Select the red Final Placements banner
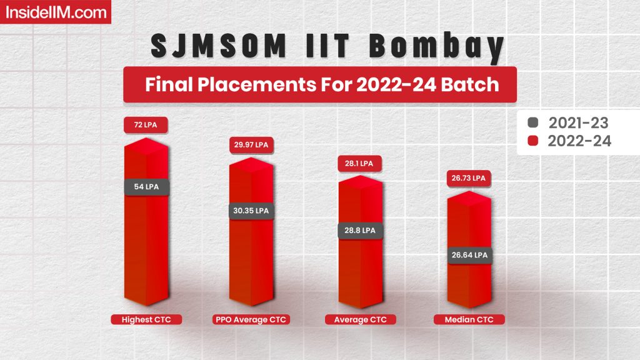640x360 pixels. tap(320, 84)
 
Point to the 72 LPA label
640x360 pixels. tap(146, 125)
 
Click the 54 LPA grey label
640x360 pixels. tap(146, 186)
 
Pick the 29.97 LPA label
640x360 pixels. tap(250, 145)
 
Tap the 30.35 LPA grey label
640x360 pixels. tap(250, 211)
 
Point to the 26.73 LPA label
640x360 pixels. tap(468, 178)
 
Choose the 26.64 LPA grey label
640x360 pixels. tap(468, 255)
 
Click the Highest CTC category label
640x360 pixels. tap(146, 320)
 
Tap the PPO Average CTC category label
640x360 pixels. tap(250, 320)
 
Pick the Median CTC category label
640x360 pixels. tap(468, 320)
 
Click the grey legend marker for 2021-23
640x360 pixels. tap(533, 122)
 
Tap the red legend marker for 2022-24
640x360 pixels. tap(533, 141)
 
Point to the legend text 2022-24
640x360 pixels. tap(579, 141)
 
